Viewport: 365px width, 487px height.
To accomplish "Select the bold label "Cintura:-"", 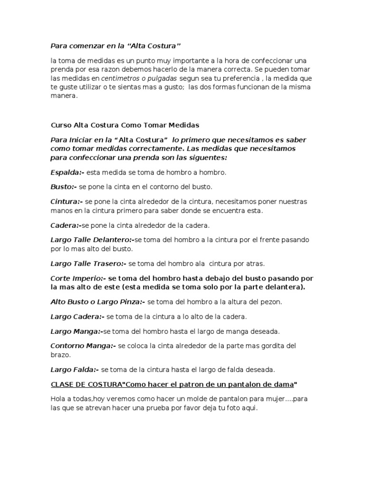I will point(67,202).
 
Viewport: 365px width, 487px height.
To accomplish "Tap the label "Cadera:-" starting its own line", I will point(66,225).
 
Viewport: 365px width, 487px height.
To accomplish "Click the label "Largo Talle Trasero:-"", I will point(88,263).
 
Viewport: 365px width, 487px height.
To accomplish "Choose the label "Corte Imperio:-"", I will point(78,278).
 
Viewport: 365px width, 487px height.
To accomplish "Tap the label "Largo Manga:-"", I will point(77,331).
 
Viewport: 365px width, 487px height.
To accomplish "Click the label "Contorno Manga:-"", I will point(83,346).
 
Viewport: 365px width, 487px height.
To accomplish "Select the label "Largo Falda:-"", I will point(75,369).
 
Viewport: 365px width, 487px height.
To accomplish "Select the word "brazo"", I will point(60,354).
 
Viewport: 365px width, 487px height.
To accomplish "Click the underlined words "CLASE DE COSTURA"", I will point(86,384).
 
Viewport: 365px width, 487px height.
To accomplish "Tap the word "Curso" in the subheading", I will point(60,126).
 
